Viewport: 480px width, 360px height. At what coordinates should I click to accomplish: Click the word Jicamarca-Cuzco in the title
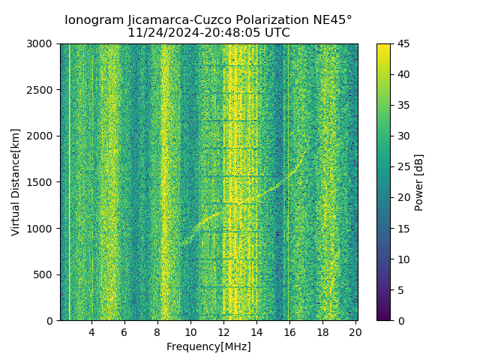(x=155, y=20)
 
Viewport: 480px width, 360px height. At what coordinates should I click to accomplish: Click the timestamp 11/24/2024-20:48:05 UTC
(x=208, y=33)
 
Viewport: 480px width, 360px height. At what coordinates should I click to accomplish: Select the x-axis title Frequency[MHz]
(x=208, y=346)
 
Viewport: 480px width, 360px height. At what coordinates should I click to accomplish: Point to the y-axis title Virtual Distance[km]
(x=16, y=182)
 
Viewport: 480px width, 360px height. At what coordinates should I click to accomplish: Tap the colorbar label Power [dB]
(x=419, y=182)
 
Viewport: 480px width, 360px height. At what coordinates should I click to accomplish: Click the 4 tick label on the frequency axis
(x=91, y=332)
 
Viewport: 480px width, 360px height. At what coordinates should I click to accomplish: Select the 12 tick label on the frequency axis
(x=223, y=332)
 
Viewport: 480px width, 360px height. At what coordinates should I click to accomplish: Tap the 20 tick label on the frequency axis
(x=355, y=332)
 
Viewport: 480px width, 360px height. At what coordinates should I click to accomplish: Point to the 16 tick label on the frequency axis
(x=289, y=332)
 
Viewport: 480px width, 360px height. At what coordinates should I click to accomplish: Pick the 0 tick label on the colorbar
(x=397, y=321)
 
